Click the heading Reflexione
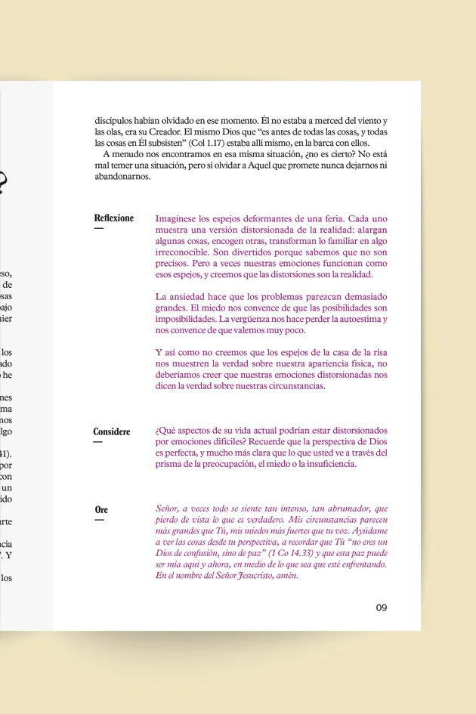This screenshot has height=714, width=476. coord(113,218)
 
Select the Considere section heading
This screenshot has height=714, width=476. coord(111,432)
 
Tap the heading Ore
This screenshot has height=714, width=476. coord(101,510)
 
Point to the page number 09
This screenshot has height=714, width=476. coord(381,607)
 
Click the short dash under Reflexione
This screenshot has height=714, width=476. coord(98,228)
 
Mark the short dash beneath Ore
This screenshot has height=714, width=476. coord(98,520)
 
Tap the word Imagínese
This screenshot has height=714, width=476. coord(176,218)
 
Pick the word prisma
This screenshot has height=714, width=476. coord(170,464)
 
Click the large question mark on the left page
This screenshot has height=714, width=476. coord(2,183)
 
